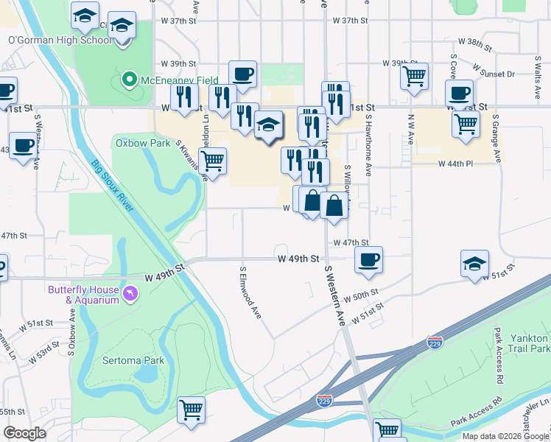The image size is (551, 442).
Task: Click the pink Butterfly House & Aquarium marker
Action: click(x=131, y=294)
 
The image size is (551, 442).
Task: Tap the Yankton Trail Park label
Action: click(x=530, y=343)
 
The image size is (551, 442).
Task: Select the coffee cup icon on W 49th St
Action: click(x=368, y=259)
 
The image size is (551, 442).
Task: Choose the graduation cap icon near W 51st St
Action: click(x=475, y=263)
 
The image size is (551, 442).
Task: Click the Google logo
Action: click(x=25, y=433)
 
